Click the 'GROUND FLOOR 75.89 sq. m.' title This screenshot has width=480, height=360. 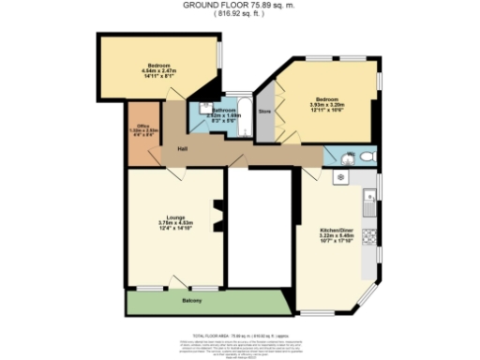(x=240, y=6)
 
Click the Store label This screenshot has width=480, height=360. (x=264, y=112)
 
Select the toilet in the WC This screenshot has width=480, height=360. (x=367, y=156)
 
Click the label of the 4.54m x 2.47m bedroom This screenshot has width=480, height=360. (x=156, y=67)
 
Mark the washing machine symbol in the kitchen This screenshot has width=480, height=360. (x=340, y=175)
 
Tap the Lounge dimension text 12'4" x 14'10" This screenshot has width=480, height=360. (x=173, y=227)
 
